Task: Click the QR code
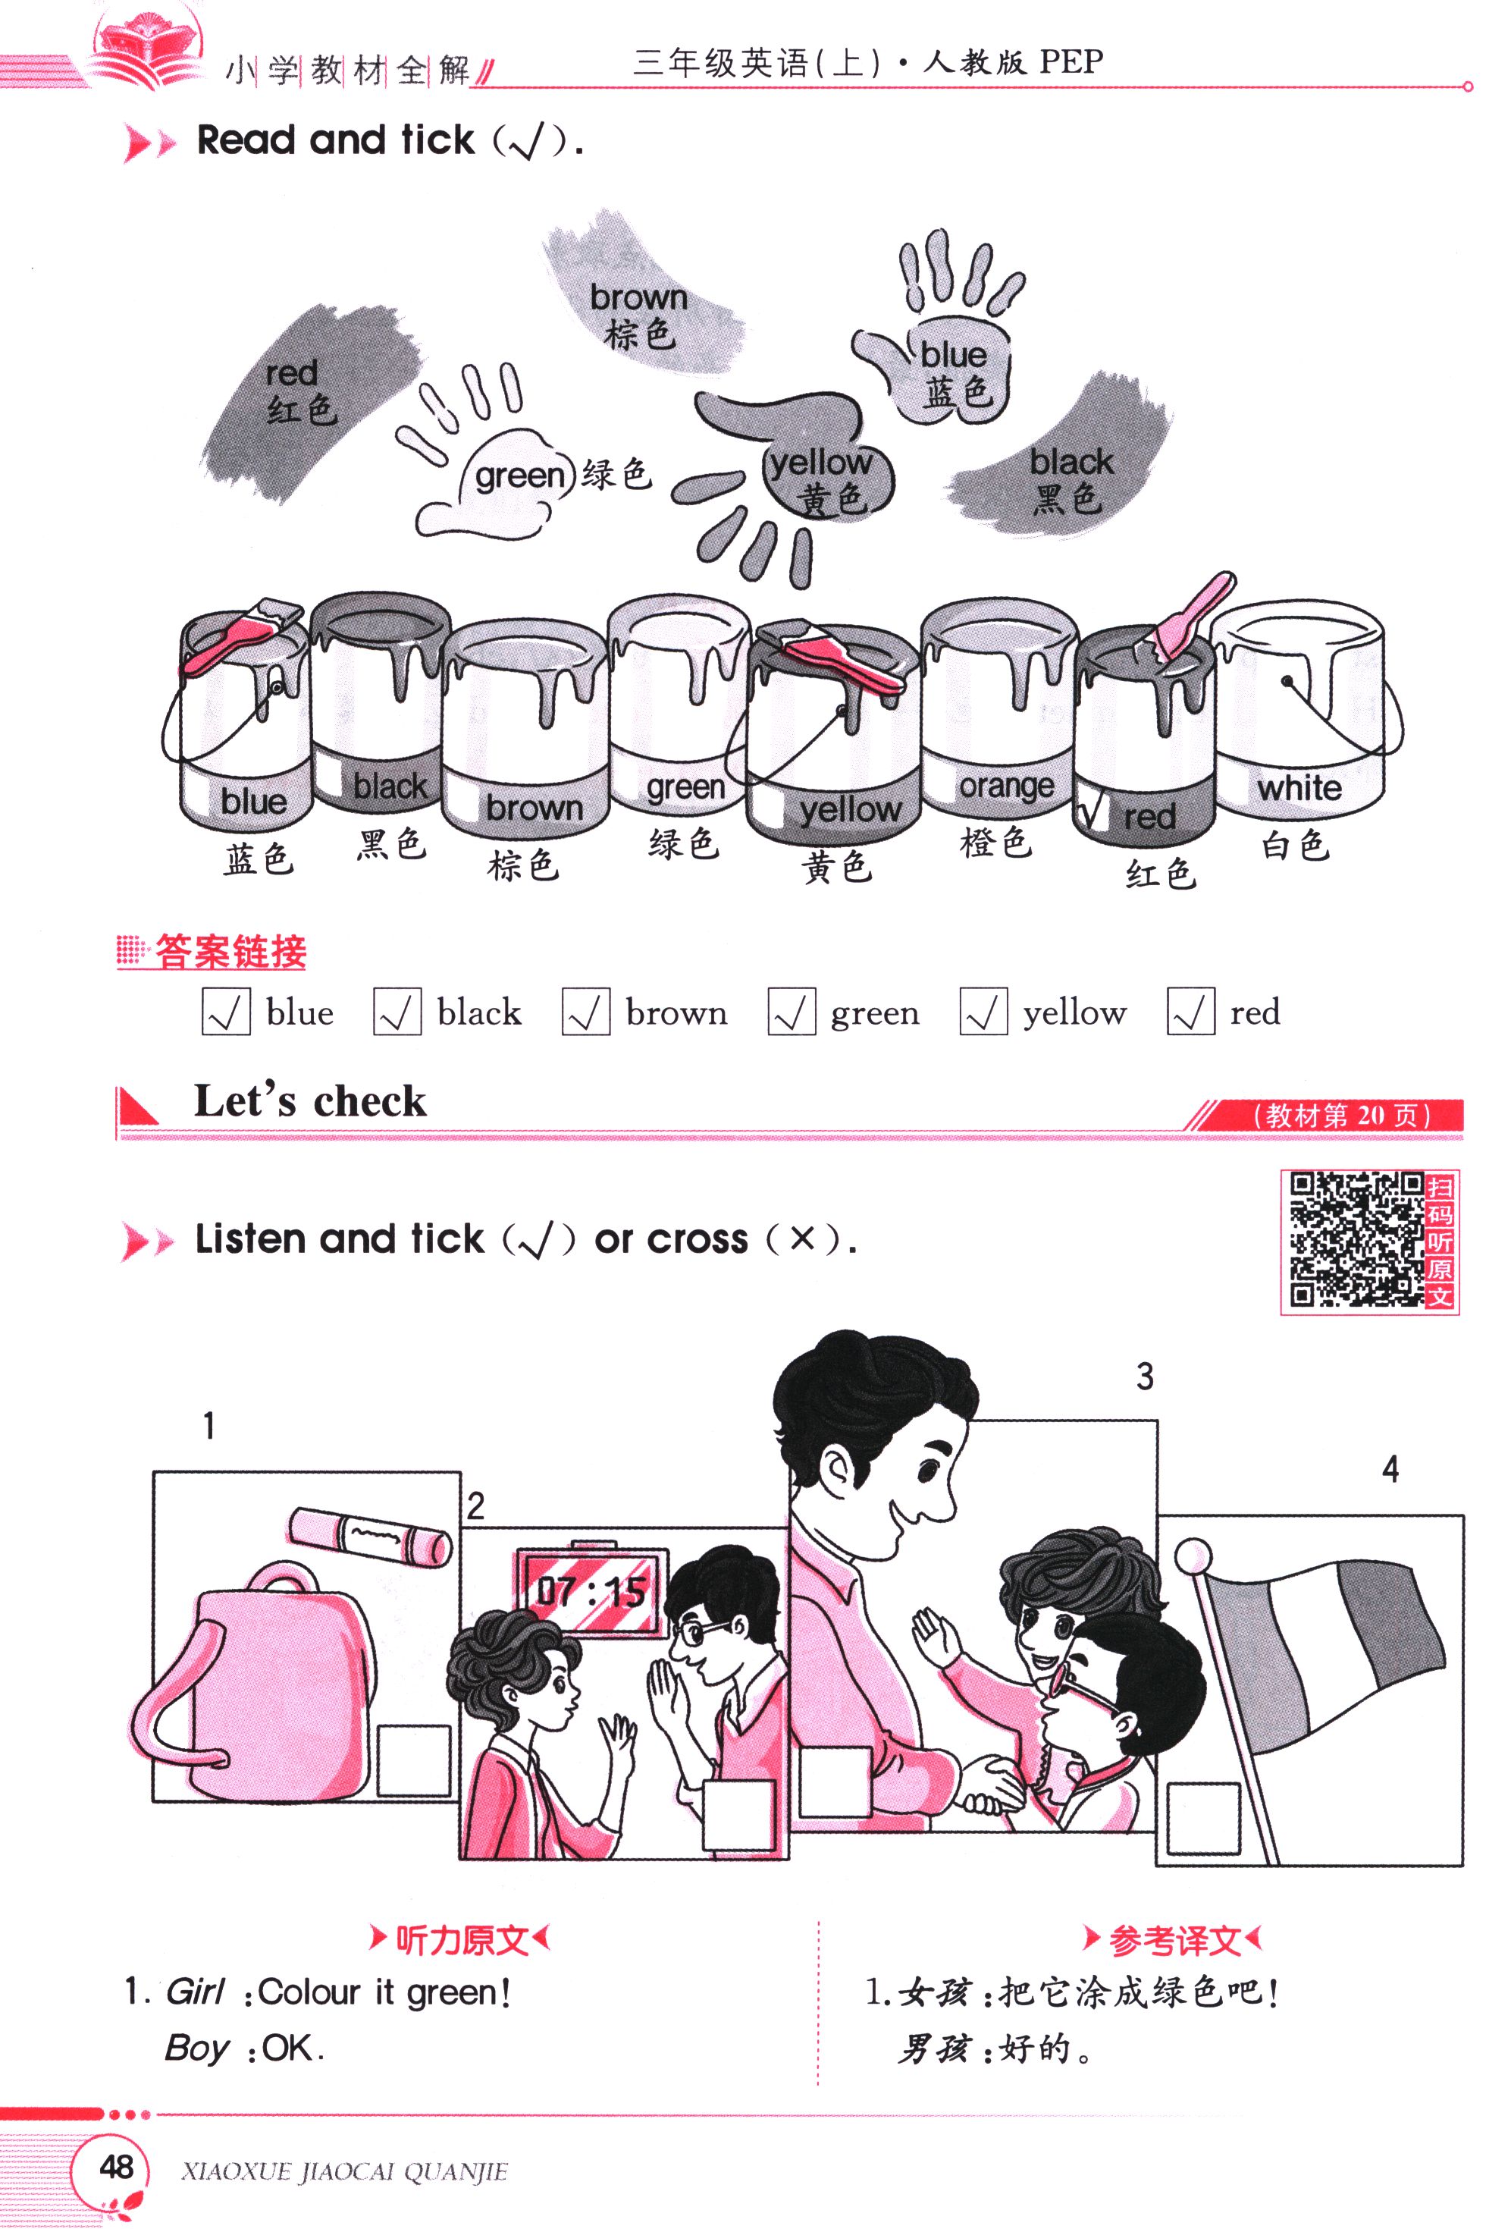click(x=1356, y=1239)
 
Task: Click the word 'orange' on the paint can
click(x=1006, y=786)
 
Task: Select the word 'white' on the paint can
click(x=1299, y=789)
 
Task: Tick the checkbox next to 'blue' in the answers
click(x=225, y=1012)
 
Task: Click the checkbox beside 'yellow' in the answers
click(x=983, y=1012)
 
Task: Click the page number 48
click(x=117, y=2167)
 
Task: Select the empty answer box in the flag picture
click(x=1203, y=1819)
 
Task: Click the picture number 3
click(x=1145, y=1377)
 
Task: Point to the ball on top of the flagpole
click(x=1193, y=1556)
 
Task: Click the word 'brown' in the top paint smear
click(x=638, y=297)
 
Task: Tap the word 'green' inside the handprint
click(x=519, y=476)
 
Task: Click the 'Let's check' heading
click(x=309, y=1101)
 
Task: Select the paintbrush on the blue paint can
click(x=240, y=637)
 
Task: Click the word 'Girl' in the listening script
click(x=195, y=1992)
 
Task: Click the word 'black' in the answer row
click(x=479, y=1012)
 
